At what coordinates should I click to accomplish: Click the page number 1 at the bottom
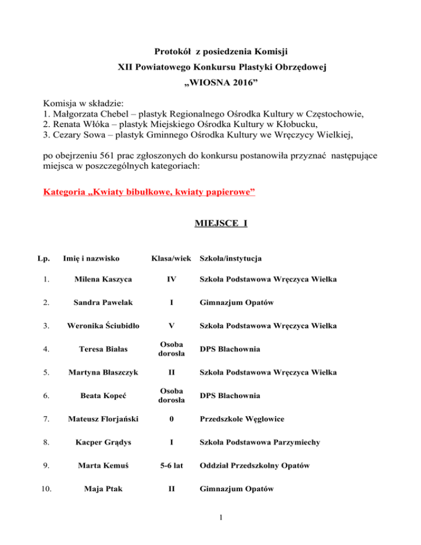pyautogui.click(x=210, y=521)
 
